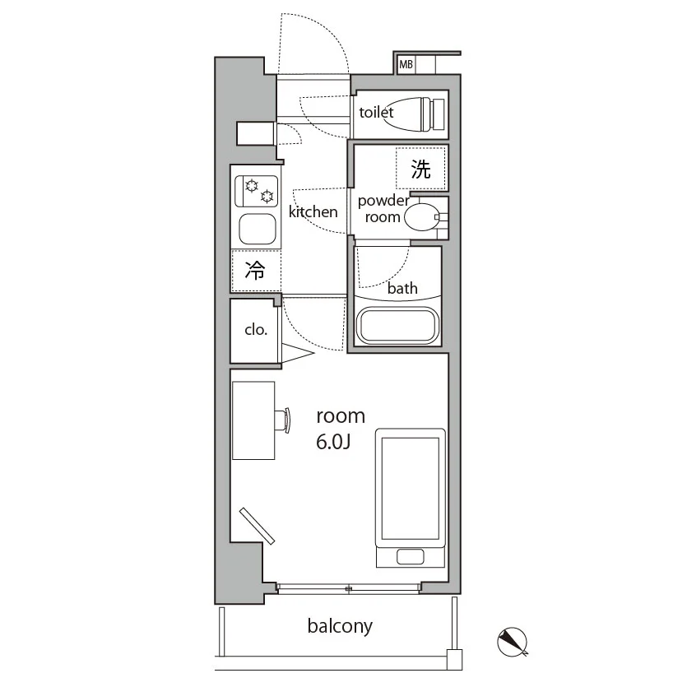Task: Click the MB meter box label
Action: click(x=406, y=64)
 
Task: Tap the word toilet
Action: click(x=376, y=112)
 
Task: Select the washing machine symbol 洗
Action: click(x=420, y=169)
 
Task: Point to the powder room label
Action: click(x=383, y=209)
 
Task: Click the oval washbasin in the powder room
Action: click(x=421, y=217)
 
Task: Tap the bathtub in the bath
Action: click(x=398, y=326)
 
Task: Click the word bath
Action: click(x=402, y=288)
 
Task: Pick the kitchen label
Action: click(x=313, y=212)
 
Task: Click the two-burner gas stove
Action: click(x=256, y=191)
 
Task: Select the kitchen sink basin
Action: click(x=258, y=230)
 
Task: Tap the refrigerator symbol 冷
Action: click(x=255, y=271)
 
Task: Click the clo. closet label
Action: click(x=256, y=329)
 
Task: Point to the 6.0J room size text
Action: click(x=333, y=442)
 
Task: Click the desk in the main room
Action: click(x=253, y=420)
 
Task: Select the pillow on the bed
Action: click(x=410, y=557)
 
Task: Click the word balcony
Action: click(x=340, y=626)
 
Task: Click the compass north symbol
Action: click(x=513, y=642)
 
